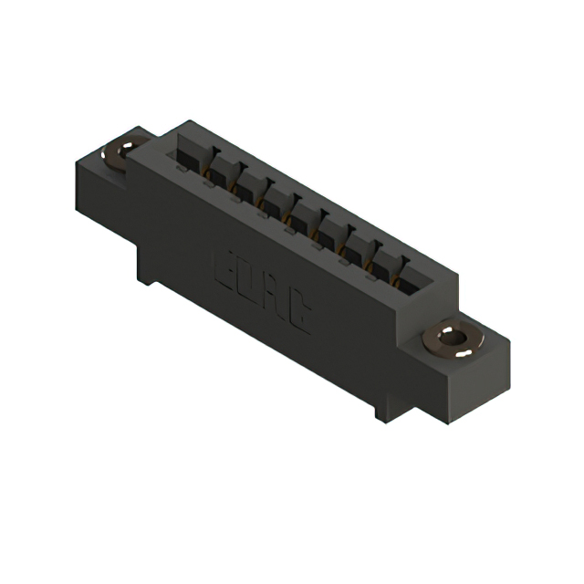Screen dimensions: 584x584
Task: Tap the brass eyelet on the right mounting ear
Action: (x=454, y=339)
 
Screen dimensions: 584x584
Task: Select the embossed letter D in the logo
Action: (x=246, y=282)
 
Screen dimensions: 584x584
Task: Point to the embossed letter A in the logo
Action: (x=271, y=297)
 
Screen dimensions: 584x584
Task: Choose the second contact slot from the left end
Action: (x=219, y=170)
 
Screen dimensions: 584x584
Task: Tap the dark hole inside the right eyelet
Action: (x=454, y=339)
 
